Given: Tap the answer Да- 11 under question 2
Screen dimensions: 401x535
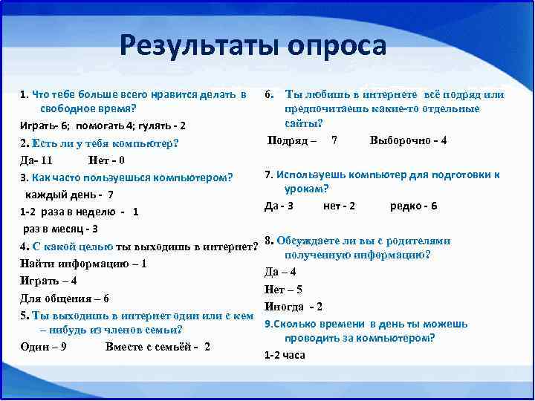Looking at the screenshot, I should pos(36,160).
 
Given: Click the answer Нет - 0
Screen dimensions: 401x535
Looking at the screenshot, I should pos(106,160).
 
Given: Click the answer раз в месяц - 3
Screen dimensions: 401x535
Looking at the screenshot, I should pos(60,229).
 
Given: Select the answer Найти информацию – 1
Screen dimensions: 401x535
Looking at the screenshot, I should pos(83,263).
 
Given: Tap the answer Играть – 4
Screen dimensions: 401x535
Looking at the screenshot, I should pos(48,281).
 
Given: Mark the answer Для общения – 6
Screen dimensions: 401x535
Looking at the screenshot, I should pos(65,298).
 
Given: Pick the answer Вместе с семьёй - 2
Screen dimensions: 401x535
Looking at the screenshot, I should pos(158,347).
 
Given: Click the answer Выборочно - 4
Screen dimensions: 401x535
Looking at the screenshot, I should pos(408,140).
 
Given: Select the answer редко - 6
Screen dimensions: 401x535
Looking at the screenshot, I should pos(413,206).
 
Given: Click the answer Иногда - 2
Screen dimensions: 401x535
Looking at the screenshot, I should pos(294,307).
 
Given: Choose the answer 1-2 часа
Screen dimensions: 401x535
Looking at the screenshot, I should pos(285,355).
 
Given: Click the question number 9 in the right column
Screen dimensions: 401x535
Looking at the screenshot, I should pos(268,324).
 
